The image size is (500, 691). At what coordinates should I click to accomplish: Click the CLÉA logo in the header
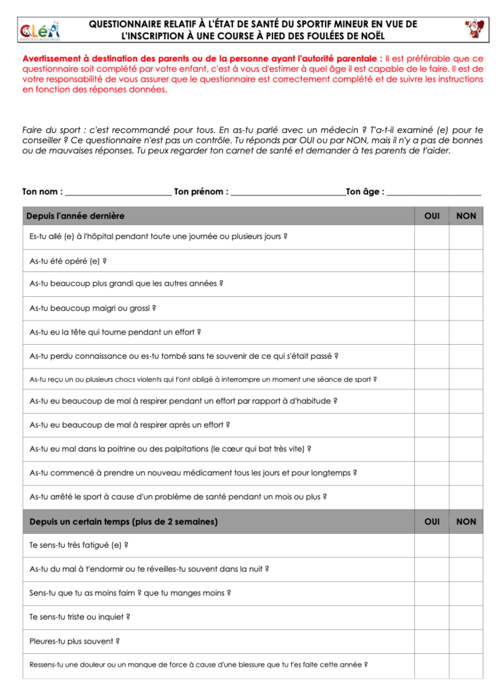pos(40,29)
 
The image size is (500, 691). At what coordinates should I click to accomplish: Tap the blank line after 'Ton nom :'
pos(118,192)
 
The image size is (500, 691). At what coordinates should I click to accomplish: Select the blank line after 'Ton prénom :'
pos(288,192)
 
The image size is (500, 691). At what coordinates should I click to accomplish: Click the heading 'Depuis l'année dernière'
pos(76,216)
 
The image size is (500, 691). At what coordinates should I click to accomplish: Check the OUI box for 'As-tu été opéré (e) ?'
pos(432,260)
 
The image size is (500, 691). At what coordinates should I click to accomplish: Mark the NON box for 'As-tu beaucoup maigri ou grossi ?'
pos(466,308)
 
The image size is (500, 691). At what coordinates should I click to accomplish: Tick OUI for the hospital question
pos(432,237)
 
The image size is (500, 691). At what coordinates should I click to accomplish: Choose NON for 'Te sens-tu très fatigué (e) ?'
pos(466,545)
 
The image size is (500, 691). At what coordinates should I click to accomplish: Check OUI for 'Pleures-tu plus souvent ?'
pos(432,641)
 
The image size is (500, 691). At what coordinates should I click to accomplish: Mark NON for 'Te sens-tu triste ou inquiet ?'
pos(466,617)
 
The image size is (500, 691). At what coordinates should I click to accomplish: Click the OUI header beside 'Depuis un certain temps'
pos(432,522)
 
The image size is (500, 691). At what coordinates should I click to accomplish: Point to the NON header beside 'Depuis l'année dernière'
pos(466,216)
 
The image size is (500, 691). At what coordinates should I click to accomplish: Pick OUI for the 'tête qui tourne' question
pos(432,332)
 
